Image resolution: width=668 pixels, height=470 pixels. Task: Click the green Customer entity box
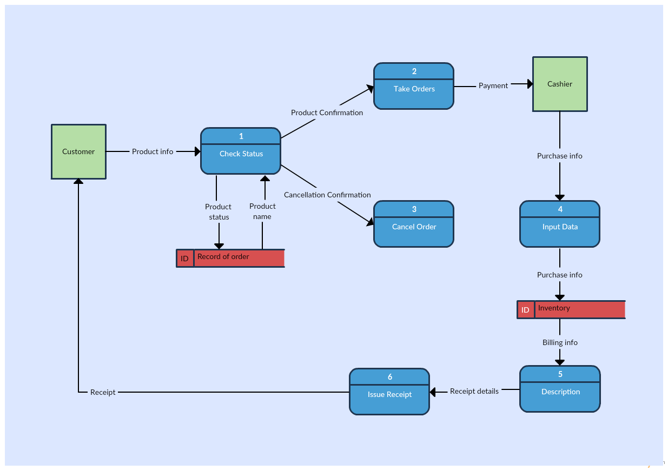point(78,151)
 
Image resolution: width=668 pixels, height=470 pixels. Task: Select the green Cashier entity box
point(560,84)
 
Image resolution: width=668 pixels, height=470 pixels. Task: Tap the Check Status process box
point(241,151)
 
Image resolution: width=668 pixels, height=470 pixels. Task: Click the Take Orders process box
point(414,86)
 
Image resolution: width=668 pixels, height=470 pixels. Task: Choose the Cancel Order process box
point(414,224)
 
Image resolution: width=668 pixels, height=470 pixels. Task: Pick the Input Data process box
point(560,224)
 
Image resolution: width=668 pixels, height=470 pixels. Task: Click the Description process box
point(560,389)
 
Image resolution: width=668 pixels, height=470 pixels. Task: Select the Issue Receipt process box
point(389,392)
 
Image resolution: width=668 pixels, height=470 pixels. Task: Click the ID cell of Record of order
point(185,259)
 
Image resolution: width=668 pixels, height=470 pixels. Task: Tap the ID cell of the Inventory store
point(525,310)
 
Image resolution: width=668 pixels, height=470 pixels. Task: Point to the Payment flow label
point(493,85)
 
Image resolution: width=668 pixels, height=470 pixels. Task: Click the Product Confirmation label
point(327,112)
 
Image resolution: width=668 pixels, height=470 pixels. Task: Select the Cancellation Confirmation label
point(327,195)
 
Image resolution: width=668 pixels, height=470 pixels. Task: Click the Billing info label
point(560,342)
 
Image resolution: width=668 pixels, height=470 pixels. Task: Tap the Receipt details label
point(474,391)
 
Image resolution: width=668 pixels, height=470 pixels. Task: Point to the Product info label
point(153,151)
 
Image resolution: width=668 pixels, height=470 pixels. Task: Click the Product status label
point(219,211)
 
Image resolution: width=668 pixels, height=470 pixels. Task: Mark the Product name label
point(262,211)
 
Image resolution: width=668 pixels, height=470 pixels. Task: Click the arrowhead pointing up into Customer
point(78,181)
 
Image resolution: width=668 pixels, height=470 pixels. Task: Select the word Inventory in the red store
point(554,308)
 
